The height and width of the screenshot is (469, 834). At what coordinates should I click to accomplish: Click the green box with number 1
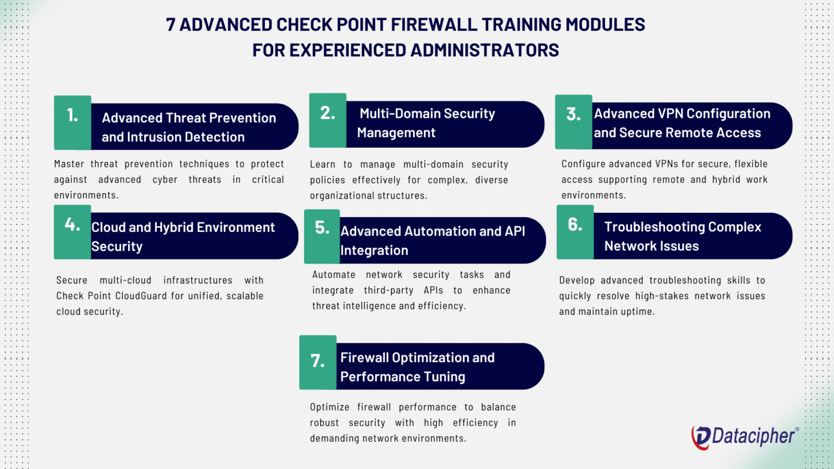72,123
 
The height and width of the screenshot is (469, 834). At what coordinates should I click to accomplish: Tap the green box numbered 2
327,120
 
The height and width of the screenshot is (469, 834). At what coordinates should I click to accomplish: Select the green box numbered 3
573,122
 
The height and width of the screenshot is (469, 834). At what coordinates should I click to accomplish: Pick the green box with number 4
72,232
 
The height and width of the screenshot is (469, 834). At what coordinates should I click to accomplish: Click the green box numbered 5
322,236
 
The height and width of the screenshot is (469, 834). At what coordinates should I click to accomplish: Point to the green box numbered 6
575,232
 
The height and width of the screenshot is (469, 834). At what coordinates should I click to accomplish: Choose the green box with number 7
318,362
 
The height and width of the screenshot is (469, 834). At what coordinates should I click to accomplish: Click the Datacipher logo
744,436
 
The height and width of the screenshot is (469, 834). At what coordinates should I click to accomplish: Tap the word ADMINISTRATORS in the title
484,50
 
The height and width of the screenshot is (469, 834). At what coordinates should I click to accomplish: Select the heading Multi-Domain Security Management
426,123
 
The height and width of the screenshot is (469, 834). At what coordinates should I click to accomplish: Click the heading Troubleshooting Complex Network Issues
683,236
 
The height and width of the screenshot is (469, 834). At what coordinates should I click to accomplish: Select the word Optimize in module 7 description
330,407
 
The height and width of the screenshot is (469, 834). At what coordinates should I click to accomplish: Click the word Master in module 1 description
69,164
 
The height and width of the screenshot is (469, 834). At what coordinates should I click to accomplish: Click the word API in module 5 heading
515,231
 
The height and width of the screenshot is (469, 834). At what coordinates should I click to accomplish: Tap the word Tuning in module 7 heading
445,377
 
